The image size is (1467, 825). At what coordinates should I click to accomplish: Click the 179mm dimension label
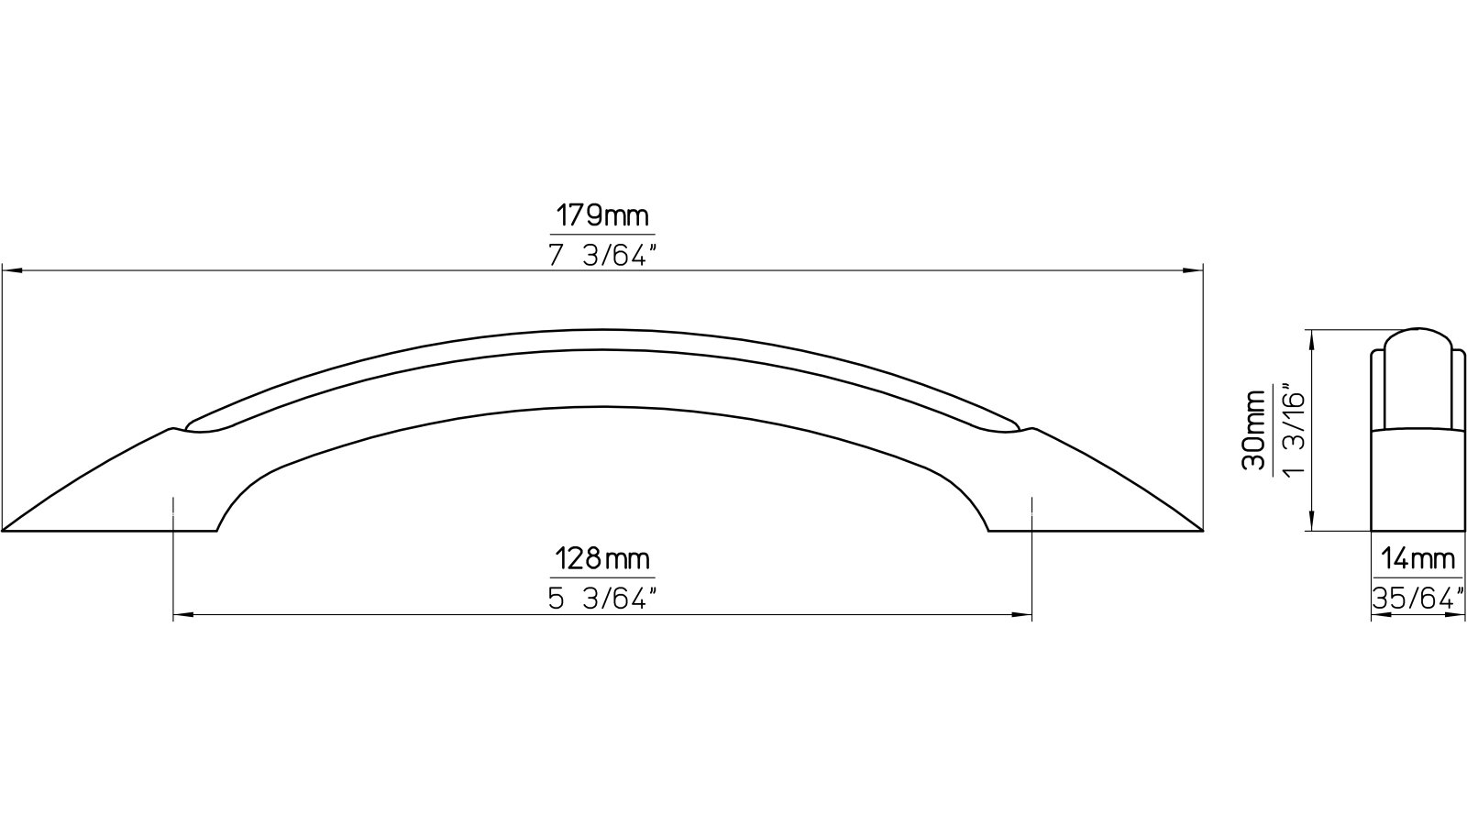[602, 216]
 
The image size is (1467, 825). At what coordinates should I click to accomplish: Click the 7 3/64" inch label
[603, 256]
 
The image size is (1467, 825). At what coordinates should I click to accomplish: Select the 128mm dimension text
[602, 558]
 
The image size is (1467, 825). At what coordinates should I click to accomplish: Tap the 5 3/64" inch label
[603, 599]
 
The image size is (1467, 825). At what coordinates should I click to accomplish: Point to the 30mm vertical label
[1254, 430]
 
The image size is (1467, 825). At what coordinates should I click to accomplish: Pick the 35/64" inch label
[1416, 599]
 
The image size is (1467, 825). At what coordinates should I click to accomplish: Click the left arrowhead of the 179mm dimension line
[11, 270]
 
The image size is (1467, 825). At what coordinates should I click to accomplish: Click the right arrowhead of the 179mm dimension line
[1194, 270]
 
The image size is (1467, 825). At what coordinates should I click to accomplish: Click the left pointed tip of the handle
[6, 530]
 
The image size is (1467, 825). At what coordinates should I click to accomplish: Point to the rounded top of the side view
[1416, 331]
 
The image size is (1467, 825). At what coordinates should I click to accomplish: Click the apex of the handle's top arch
[602, 330]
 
